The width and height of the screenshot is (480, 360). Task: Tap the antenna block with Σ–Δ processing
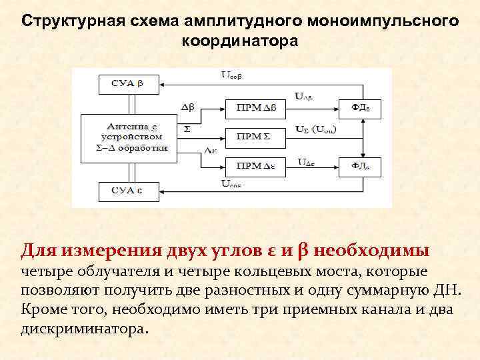point(129,137)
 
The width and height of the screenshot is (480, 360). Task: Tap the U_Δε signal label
point(307,161)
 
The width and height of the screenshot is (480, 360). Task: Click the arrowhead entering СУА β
point(165,85)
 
